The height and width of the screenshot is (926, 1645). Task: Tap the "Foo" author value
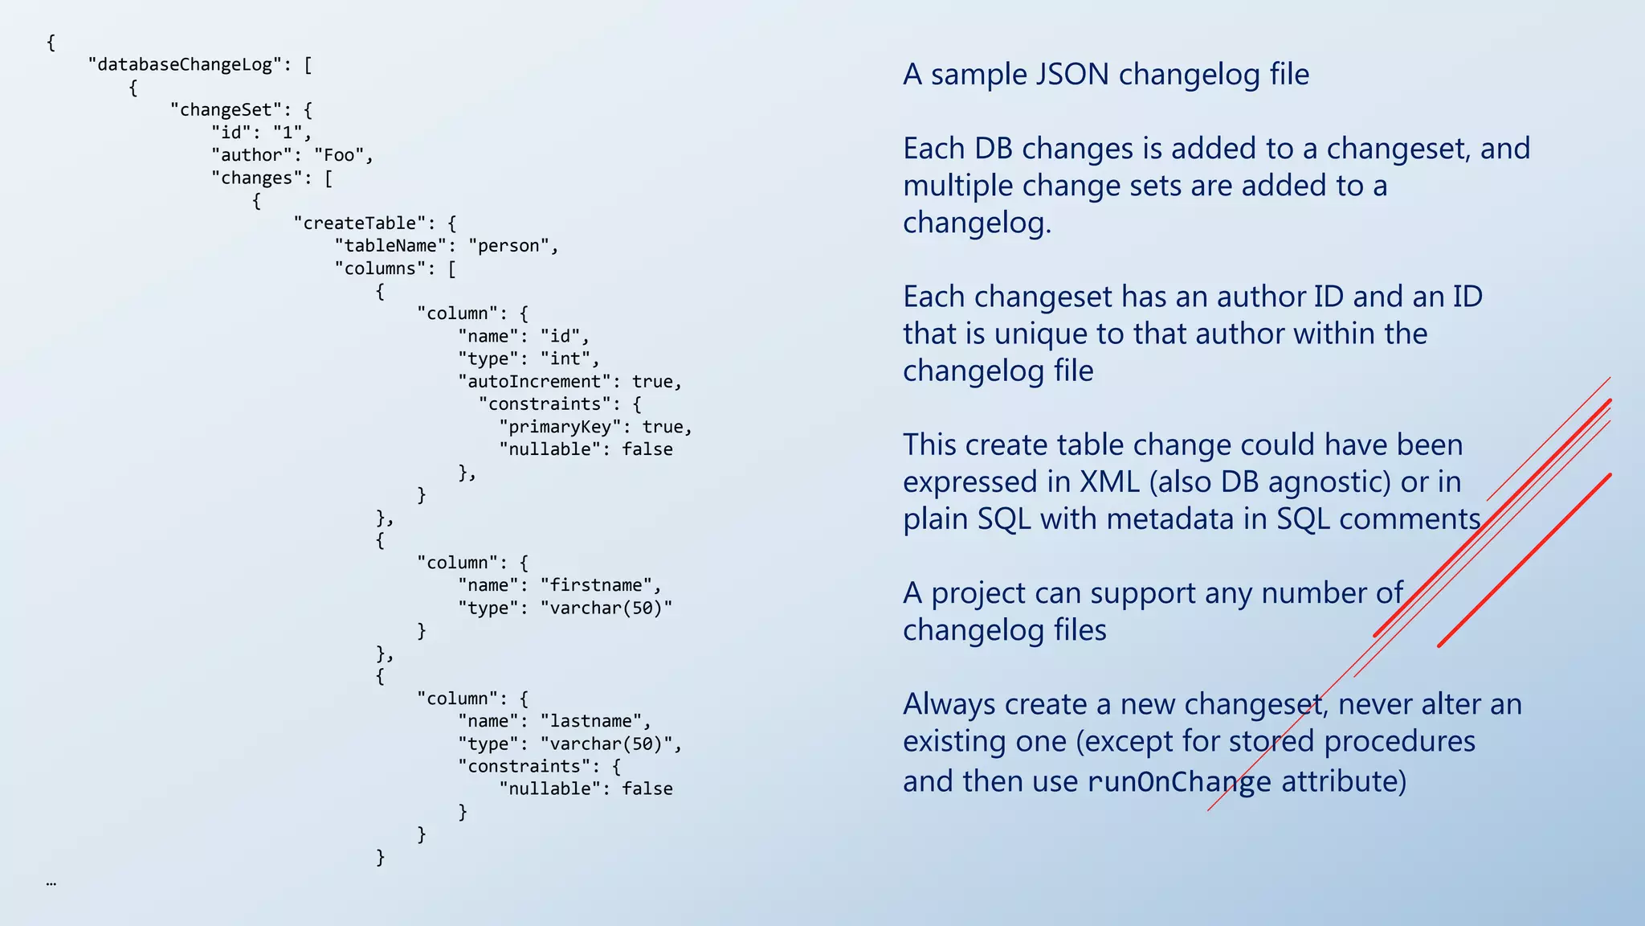[x=343, y=155]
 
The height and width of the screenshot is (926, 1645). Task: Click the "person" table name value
[x=508, y=246]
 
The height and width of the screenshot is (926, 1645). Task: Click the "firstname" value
[x=595, y=585]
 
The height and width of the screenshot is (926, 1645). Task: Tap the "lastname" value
[x=590, y=721]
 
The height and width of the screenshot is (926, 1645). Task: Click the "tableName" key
[x=390, y=246]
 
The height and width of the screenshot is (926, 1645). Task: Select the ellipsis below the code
[x=51, y=883]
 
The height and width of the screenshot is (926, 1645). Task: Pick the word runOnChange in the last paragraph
[x=1179, y=782]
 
